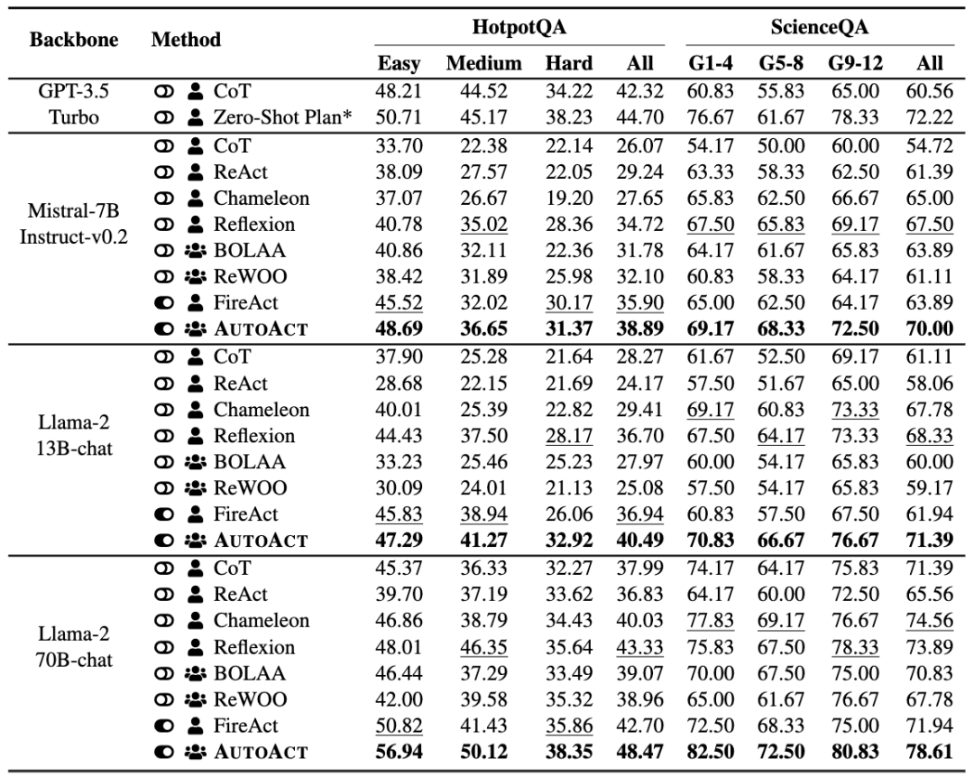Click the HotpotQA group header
519,27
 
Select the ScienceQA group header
819,27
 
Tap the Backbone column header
74,40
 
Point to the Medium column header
484,63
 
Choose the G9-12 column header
855,63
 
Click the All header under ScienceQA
929,63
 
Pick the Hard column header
569,63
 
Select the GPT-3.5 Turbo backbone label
74,104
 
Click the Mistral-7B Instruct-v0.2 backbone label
74,224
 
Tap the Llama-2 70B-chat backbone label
74,647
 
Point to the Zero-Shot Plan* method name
283,116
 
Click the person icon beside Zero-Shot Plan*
195,116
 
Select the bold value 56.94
399,752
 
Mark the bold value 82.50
711,752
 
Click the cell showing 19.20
569,199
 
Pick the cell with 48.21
399,91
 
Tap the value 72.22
929,117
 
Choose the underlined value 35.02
484,225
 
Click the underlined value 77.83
711,620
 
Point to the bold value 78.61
929,752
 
